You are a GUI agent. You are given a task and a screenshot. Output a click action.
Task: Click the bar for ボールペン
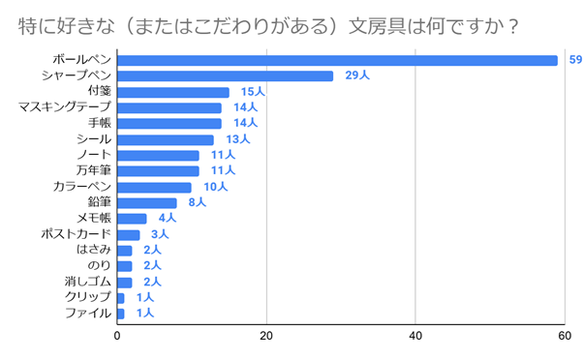tap(337, 60)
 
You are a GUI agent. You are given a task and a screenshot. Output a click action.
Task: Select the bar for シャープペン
tap(225, 75)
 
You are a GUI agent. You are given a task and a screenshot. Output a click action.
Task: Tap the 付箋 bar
tap(172, 92)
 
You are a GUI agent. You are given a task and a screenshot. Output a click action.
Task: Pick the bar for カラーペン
tap(154, 187)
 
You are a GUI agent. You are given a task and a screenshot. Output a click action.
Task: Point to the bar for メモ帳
tap(132, 219)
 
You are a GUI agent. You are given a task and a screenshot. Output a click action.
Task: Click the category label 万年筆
tap(93, 170)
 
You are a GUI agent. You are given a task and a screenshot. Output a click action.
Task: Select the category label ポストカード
tap(77, 234)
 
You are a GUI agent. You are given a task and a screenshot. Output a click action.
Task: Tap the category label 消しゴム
tap(88, 282)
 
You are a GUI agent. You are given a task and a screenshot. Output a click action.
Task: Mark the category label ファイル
tap(87, 314)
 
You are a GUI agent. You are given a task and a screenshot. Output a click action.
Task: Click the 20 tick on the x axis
tap(266, 337)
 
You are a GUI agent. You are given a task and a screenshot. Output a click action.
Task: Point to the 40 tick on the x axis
tap(415, 337)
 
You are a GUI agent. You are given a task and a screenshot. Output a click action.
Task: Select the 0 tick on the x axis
tap(117, 337)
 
